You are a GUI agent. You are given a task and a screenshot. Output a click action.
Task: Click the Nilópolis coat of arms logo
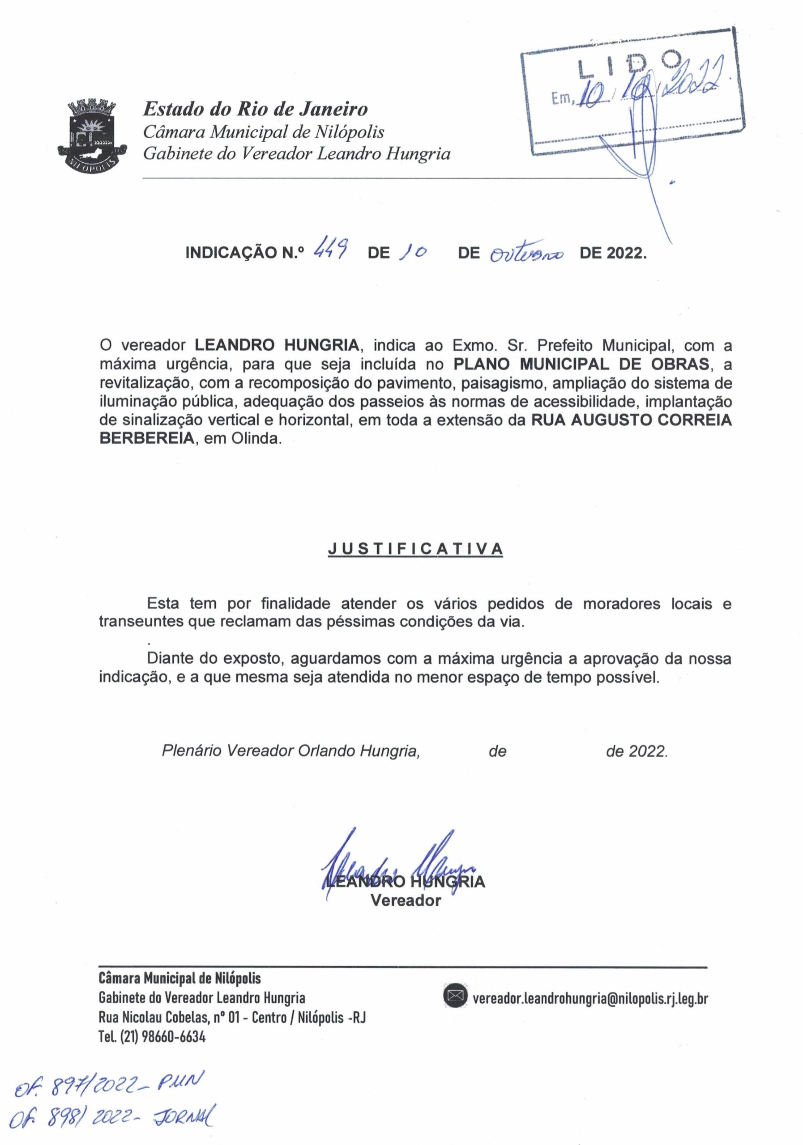(x=93, y=135)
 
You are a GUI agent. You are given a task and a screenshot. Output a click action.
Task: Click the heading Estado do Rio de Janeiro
(x=256, y=109)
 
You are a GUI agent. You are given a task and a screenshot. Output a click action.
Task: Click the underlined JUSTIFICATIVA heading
(x=415, y=549)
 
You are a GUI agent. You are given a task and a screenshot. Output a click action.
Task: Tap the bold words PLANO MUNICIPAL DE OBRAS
(x=581, y=364)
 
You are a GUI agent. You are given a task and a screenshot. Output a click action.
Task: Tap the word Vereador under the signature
(x=405, y=901)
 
